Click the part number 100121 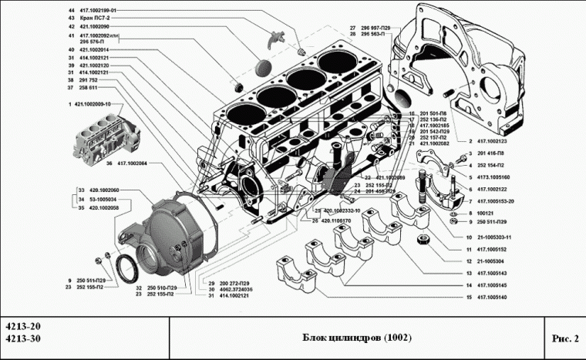click(x=487, y=211)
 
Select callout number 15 click(x=468, y=298)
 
